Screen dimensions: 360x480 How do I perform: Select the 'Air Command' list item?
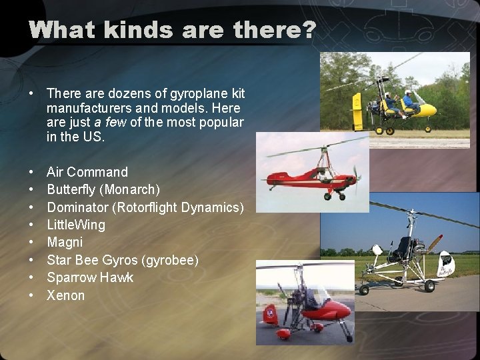pos(87,173)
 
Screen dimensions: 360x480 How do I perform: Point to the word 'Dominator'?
pos(78,207)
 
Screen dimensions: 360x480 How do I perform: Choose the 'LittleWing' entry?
pos(76,225)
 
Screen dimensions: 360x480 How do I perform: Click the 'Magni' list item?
pos(65,242)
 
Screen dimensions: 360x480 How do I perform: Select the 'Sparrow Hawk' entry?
pos(90,277)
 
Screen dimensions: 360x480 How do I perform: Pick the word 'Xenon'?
pos(66,295)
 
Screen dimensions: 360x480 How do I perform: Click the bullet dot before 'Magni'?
pos(33,243)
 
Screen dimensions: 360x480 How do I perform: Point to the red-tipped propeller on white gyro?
pos(435,243)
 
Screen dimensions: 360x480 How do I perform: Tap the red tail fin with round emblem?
pos(270,313)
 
